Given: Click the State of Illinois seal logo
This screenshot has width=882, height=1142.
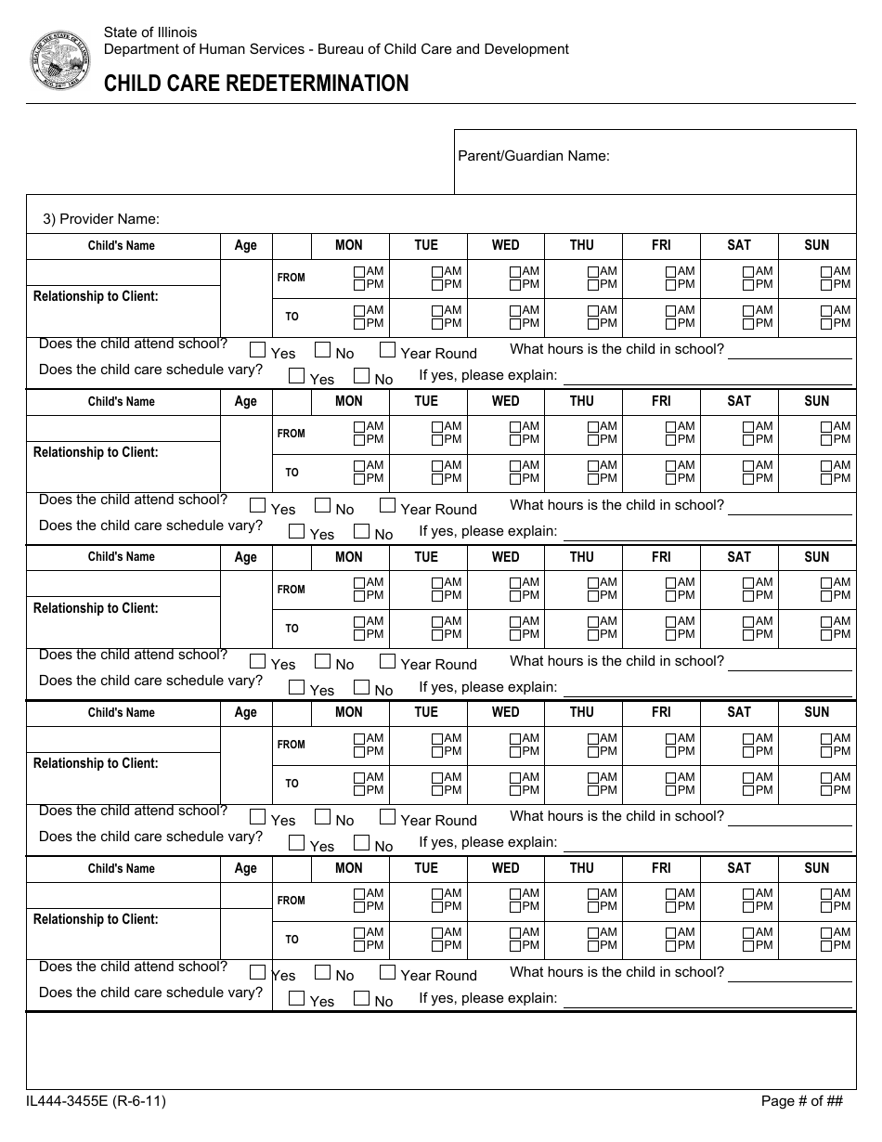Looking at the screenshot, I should pos(60,60).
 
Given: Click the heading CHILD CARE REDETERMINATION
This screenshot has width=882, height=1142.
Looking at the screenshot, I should pos(256,84).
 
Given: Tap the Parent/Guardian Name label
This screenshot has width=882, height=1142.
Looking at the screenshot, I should pos(533,156).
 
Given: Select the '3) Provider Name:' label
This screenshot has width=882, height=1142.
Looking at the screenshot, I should pos(101,219).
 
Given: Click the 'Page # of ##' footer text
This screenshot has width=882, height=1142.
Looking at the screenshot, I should pos(801,1101).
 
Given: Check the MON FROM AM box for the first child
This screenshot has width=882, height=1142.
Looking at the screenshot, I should pos(359,271).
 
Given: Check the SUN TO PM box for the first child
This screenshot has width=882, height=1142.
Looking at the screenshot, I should pos(826,323).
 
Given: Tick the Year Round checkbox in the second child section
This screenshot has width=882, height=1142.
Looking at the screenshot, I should pos(387,507).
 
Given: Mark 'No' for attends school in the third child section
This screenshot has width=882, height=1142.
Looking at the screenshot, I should pos(322,662).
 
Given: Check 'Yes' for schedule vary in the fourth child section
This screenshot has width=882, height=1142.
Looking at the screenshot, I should pos(296,843).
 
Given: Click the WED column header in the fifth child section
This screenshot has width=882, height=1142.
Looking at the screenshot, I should pos(505,868).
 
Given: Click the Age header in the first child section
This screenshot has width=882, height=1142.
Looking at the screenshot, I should pos(246,245).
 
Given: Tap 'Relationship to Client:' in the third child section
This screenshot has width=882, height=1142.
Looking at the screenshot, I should pos(96,608).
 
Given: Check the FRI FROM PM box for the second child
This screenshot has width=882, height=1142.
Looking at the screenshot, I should pos(670,440).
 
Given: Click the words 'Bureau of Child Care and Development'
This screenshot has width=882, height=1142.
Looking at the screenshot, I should pos(439,49).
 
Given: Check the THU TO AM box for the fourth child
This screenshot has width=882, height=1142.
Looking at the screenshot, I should pos(592,777).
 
